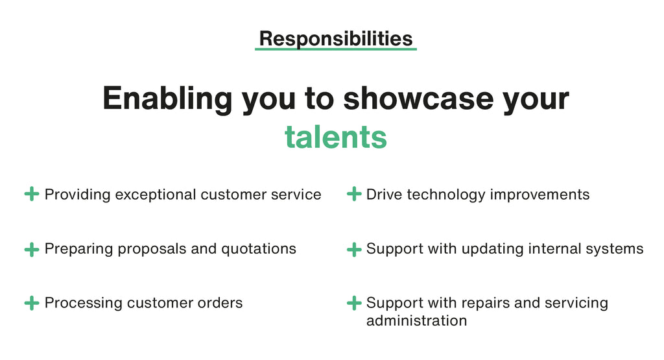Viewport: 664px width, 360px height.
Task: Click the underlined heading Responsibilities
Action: pos(336,39)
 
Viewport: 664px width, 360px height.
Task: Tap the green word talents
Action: pos(336,138)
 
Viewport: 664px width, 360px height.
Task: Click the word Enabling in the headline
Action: pos(167,99)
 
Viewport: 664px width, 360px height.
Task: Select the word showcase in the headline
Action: pos(418,98)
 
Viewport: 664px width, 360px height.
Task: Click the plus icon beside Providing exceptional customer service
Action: pos(32,194)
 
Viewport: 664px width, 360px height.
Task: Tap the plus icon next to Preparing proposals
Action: pos(32,249)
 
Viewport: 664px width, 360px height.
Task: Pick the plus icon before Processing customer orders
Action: pos(32,303)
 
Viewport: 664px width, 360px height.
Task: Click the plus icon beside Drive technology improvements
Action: pos(354,194)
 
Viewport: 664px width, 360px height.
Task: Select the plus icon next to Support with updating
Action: pos(354,249)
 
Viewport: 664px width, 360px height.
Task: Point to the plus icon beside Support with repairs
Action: pos(354,303)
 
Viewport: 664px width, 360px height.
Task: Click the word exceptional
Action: pos(156,195)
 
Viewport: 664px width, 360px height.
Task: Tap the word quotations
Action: pos(259,249)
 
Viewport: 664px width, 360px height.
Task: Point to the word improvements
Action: pos(539,195)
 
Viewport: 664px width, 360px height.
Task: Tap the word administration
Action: pos(417,320)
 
